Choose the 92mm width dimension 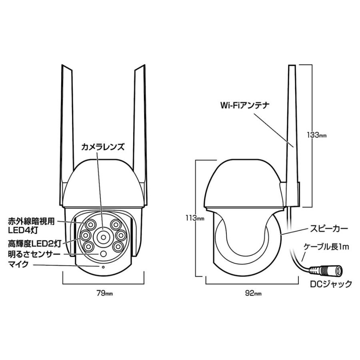[253, 294]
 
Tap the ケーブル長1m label [326, 247]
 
